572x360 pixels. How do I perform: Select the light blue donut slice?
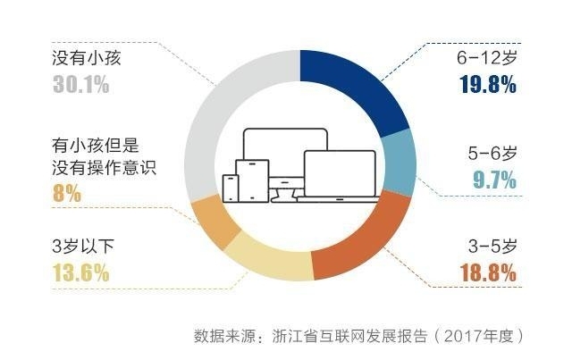[399, 163]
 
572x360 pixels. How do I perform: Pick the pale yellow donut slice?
[270, 262]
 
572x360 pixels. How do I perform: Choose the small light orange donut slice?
[214, 223]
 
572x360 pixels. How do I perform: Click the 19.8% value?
[488, 85]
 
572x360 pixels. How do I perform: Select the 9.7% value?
[494, 180]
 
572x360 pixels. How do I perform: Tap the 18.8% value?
[489, 272]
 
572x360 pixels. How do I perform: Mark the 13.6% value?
[80, 272]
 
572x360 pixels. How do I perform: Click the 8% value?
[67, 193]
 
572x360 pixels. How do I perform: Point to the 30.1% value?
[80, 85]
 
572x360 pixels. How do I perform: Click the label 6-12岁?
[486, 58]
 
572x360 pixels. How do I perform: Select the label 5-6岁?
[492, 153]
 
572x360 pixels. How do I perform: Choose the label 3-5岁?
[492, 247]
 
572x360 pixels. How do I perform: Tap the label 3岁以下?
[83, 247]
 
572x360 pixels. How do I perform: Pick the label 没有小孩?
[86, 58]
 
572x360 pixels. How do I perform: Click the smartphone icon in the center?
[231, 188]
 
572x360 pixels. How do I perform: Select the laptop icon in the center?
[340, 177]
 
